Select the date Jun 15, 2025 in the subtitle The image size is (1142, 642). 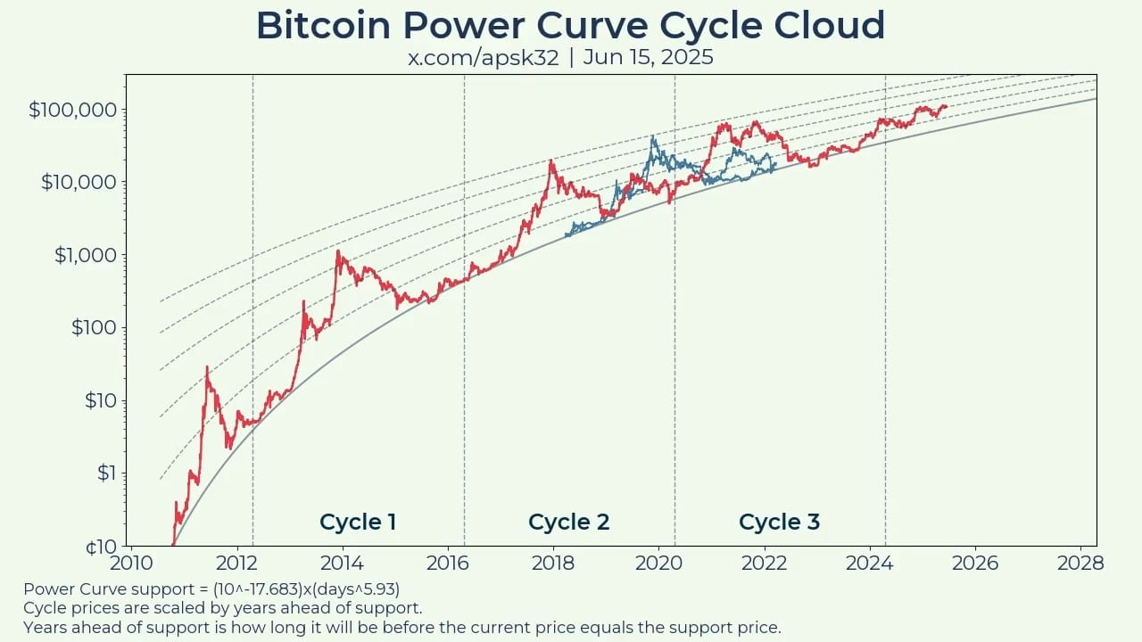pyautogui.click(x=649, y=57)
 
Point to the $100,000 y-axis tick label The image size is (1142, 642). pyautogui.click(x=73, y=110)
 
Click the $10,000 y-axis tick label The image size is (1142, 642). pyautogui.click(x=78, y=182)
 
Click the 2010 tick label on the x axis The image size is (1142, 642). pyautogui.click(x=131, y=563)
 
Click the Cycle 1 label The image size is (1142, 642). pyautogui.click(x=358, y=522)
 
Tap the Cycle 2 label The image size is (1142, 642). pyautogui.click(x=568, y=522)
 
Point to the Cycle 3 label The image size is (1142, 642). pyautogui.click(x=779, y=522)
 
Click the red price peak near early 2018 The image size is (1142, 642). pyautogui.click(x=551, y=161)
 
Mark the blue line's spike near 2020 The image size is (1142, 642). pyautogui.click(x=653, y=137)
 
